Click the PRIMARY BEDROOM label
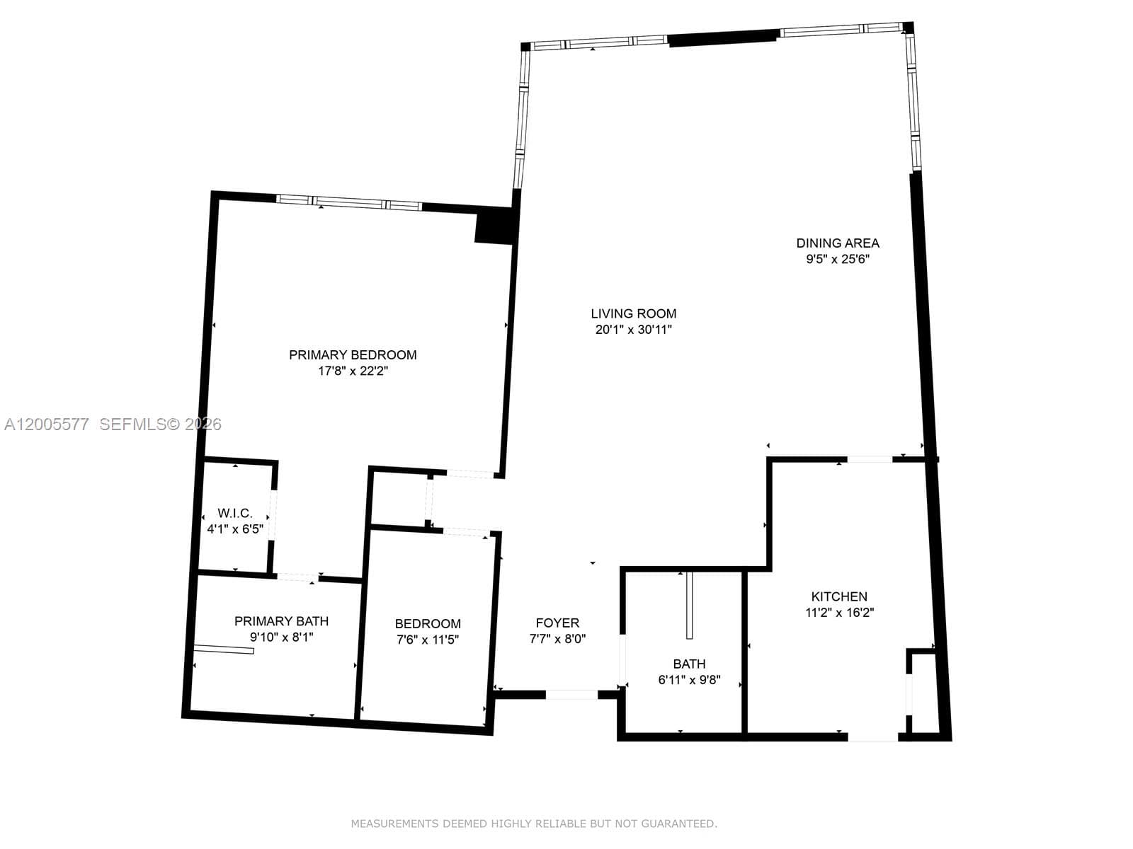coord(353,355)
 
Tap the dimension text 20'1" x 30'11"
coord(633,329)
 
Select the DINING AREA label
coord(838,243)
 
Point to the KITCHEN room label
coord(839,596)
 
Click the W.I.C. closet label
coord(234,513)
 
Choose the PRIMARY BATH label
coord(281,621)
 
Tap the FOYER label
coord(557,623)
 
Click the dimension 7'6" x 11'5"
coord(428,640)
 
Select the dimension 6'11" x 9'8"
coord(689,680)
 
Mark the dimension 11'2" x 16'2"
coord(839,613)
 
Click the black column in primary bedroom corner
coord(494,227)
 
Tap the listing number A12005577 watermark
coord(47,424)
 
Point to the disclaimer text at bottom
coord(534,824)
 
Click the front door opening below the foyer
coord(571,695)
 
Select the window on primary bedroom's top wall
coord(348,203)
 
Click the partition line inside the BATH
coord(688,605)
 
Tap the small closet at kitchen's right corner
coord(923,692)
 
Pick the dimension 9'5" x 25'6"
coord(838,259)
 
